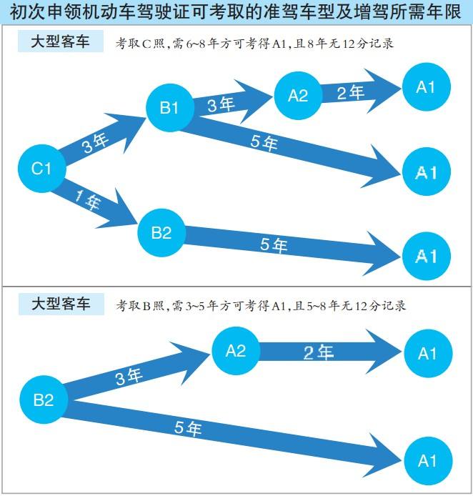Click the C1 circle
coord(41,168)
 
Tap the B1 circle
coord(170,107)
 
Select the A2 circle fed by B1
coord(298,96)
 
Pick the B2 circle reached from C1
coord(161,233)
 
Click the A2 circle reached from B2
coord(236,351)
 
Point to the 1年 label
coord(88,200)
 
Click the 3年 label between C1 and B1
coord(95,143)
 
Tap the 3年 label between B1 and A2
coord(221,104)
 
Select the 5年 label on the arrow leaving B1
coord(264,142)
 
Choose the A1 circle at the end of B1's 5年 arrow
coord(427,172)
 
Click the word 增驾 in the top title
coord(381,11)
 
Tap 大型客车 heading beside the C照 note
coord(61,41)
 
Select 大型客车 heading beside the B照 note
coord(61,304)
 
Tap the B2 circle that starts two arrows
coord(44,400)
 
